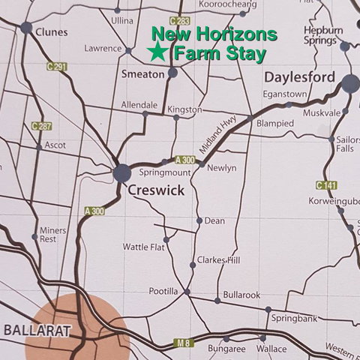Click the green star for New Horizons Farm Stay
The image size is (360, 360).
(157, 52)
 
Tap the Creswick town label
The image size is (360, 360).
(155, 191)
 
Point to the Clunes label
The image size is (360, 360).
(51, 32)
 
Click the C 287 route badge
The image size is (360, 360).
(42, 126)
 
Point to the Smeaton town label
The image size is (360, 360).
(143, 74)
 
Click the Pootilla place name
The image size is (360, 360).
(163, 291)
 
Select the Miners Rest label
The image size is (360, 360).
(52, 234)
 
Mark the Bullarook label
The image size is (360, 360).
(241, 295)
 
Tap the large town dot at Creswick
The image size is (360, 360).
(122, 173)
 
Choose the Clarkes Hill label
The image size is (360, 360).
(218, 260)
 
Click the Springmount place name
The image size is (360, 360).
(149, 172)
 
